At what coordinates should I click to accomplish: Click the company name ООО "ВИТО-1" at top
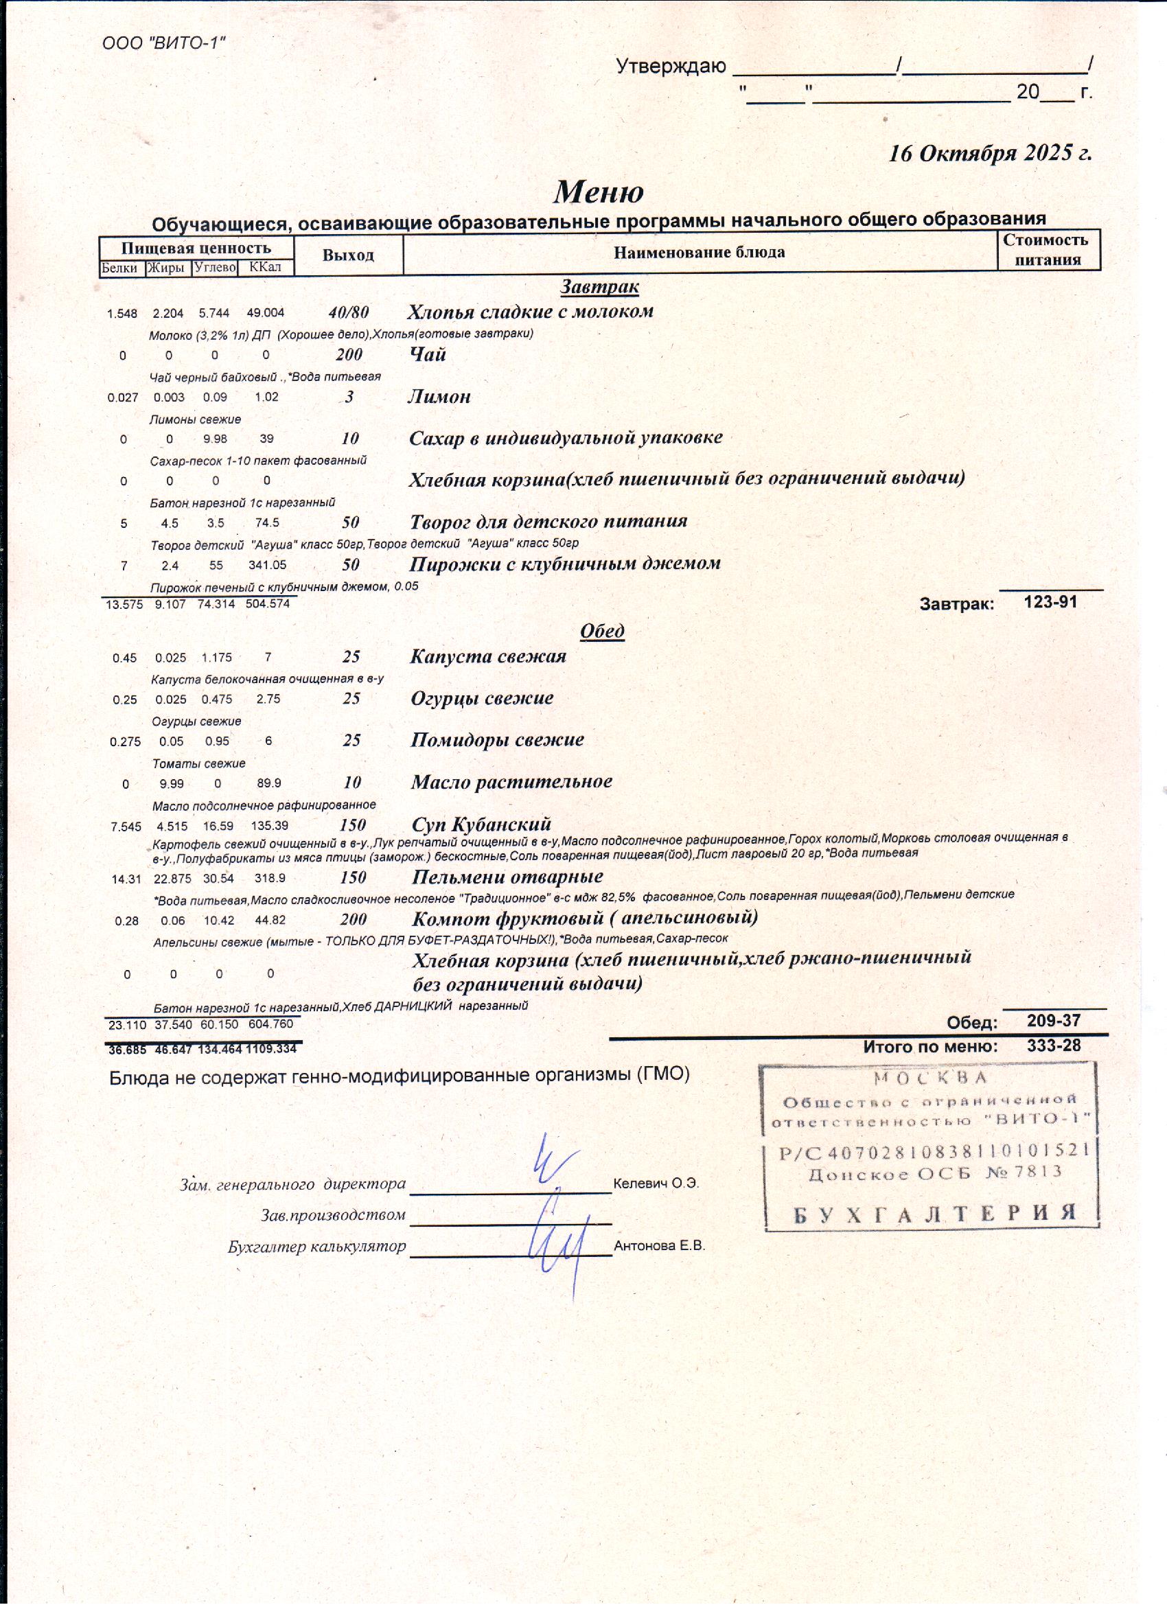[x=163, y=43]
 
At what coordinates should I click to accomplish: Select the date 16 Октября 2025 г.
[x=989, y=154]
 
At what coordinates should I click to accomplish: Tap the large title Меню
[x=598, y=192]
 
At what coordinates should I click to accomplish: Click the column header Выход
[x=347, y=255]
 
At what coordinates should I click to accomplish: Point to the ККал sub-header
[x=266, y=268]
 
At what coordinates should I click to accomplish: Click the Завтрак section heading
[x=599, y=287]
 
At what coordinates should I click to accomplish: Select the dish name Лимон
[x=439, y=396]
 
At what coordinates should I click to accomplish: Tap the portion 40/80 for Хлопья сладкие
[x=348, y=312]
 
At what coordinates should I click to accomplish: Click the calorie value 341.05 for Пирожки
[x=267, y=566]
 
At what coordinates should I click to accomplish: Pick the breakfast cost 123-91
[x=1050, y=602]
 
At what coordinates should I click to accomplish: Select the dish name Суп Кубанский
[x=481, y=824]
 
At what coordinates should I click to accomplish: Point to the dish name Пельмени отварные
[x=507, y=877]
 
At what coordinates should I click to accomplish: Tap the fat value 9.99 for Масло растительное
[x=171, y=783]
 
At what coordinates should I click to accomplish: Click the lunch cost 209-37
[x=1053, y=1021]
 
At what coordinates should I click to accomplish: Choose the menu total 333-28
[x=1053, y=1046]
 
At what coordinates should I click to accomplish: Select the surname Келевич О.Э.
[x=656, y=1183]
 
